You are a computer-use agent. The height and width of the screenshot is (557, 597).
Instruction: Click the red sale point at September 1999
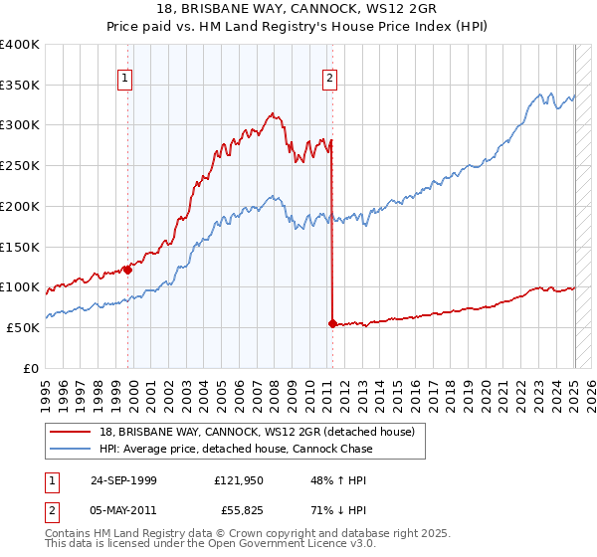(x=127, y=270)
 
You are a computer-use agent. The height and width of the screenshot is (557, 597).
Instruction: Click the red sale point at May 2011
(x=332, y=323)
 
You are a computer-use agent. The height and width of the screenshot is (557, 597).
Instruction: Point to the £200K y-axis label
(x=20, y=206)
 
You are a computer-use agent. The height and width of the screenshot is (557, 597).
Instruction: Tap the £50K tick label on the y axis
(x=23, y=327)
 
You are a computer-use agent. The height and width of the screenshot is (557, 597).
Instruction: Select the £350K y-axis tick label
(x=20, y=85)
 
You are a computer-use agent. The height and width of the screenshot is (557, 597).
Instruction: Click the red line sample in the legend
(x=73, y=431)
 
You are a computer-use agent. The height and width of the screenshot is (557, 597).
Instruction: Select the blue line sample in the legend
(x=73, y=449)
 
